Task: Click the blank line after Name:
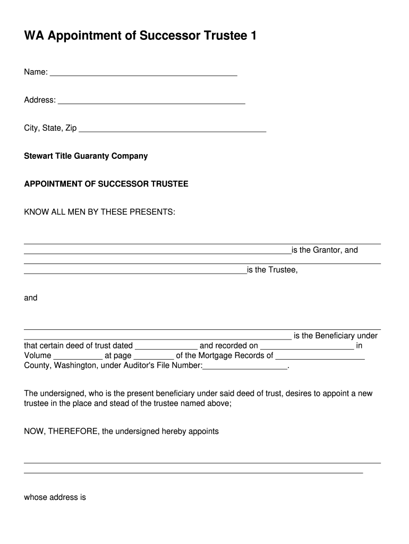(143, 75)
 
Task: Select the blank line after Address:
(151, 103)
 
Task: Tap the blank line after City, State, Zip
(172, 130)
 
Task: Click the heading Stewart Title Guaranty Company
(86, 156)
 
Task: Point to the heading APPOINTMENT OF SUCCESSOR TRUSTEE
(106, 184)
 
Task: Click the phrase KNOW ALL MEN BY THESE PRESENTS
(99, 212)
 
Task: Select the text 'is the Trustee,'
(272, 270)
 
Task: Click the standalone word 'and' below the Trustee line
(31, 298)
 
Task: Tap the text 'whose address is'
(55, 498)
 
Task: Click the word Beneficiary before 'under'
(336, 336)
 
